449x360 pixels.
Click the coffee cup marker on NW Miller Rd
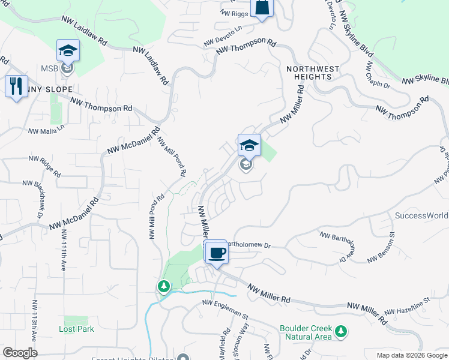point(217,252)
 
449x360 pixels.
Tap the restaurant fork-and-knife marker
point(16,86)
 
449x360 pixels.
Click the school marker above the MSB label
point(68,51)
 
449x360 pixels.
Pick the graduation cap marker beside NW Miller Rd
point(249,145)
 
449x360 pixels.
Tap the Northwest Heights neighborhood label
point(309,73)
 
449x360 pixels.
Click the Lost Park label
point(75,329)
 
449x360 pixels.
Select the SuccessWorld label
point(421,215)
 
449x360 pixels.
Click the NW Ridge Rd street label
point(45,166)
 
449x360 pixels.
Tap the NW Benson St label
point(381,248)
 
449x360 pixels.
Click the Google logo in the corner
point(20,352)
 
